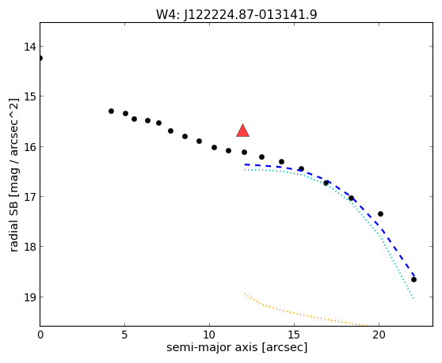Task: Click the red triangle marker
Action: coord(242,131)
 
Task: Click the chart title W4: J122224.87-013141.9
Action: coord(237,14)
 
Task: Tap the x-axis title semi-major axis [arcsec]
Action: coord(237,347)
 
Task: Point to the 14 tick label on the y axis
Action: coord(30,47)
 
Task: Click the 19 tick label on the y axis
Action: coord(30,297)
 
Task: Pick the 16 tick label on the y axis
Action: coord(30,147)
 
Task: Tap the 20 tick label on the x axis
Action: coord(379,335)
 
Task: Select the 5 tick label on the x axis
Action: coord(124,335)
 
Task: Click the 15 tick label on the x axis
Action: coord(294,335)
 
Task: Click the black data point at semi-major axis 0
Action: coord(40,59)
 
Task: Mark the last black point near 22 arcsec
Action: coord(413,279)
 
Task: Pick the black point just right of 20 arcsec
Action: coord(380,214)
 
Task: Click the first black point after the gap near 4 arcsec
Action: coord(111,112)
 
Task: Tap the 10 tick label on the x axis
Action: coord(209,335)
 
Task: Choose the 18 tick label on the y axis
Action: coord(30,247)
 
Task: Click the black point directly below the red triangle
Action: coord(244,152)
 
